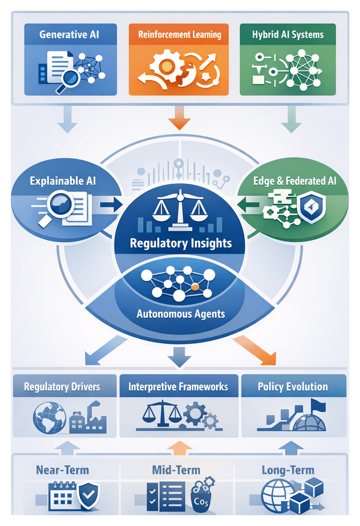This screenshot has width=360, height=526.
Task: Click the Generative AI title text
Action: pos(70,35)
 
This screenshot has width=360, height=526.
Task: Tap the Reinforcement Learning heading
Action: pos(179,35)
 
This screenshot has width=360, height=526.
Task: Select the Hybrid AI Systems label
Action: pos(288,35)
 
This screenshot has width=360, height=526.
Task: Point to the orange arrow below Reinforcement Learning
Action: pos(179,119)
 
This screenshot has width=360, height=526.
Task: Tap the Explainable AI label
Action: pos(63,181)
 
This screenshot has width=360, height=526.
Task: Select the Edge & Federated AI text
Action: pos(295,181)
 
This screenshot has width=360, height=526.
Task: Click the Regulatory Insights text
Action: pos(180,243)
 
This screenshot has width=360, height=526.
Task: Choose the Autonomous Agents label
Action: pos(181,313)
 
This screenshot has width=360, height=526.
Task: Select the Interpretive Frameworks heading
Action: pos(178,386)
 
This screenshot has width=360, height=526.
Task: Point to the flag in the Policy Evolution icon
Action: pos(317,404)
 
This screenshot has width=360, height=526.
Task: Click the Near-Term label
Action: pos(62,470)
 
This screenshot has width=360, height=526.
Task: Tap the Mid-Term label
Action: pos(176,470)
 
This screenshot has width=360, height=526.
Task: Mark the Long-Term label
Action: pos(288,470)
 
